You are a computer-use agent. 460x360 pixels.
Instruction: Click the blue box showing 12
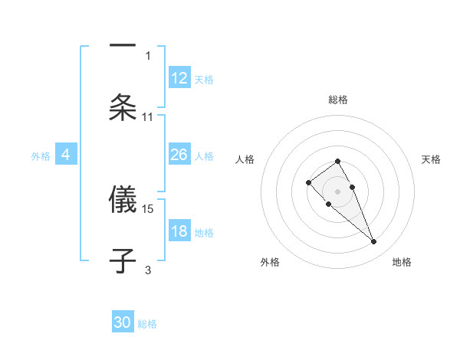179,78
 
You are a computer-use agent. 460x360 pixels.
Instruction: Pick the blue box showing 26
179,155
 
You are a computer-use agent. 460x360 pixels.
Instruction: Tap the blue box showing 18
179,232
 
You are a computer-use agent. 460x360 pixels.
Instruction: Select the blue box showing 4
65,155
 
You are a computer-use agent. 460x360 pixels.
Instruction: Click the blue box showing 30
123,322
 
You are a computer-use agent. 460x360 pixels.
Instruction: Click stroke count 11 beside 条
148,116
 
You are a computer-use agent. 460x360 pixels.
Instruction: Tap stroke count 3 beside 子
148,270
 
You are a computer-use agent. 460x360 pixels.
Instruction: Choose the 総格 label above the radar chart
338,100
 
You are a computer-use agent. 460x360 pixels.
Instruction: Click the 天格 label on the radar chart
432,159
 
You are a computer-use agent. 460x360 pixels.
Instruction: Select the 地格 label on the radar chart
402,262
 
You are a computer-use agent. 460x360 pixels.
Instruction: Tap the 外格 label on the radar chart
270,262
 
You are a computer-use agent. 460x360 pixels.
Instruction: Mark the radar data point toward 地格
374,242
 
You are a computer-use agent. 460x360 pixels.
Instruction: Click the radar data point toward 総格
337,161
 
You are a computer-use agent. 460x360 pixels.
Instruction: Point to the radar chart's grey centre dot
337,191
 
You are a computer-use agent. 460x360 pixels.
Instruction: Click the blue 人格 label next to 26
205,156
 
